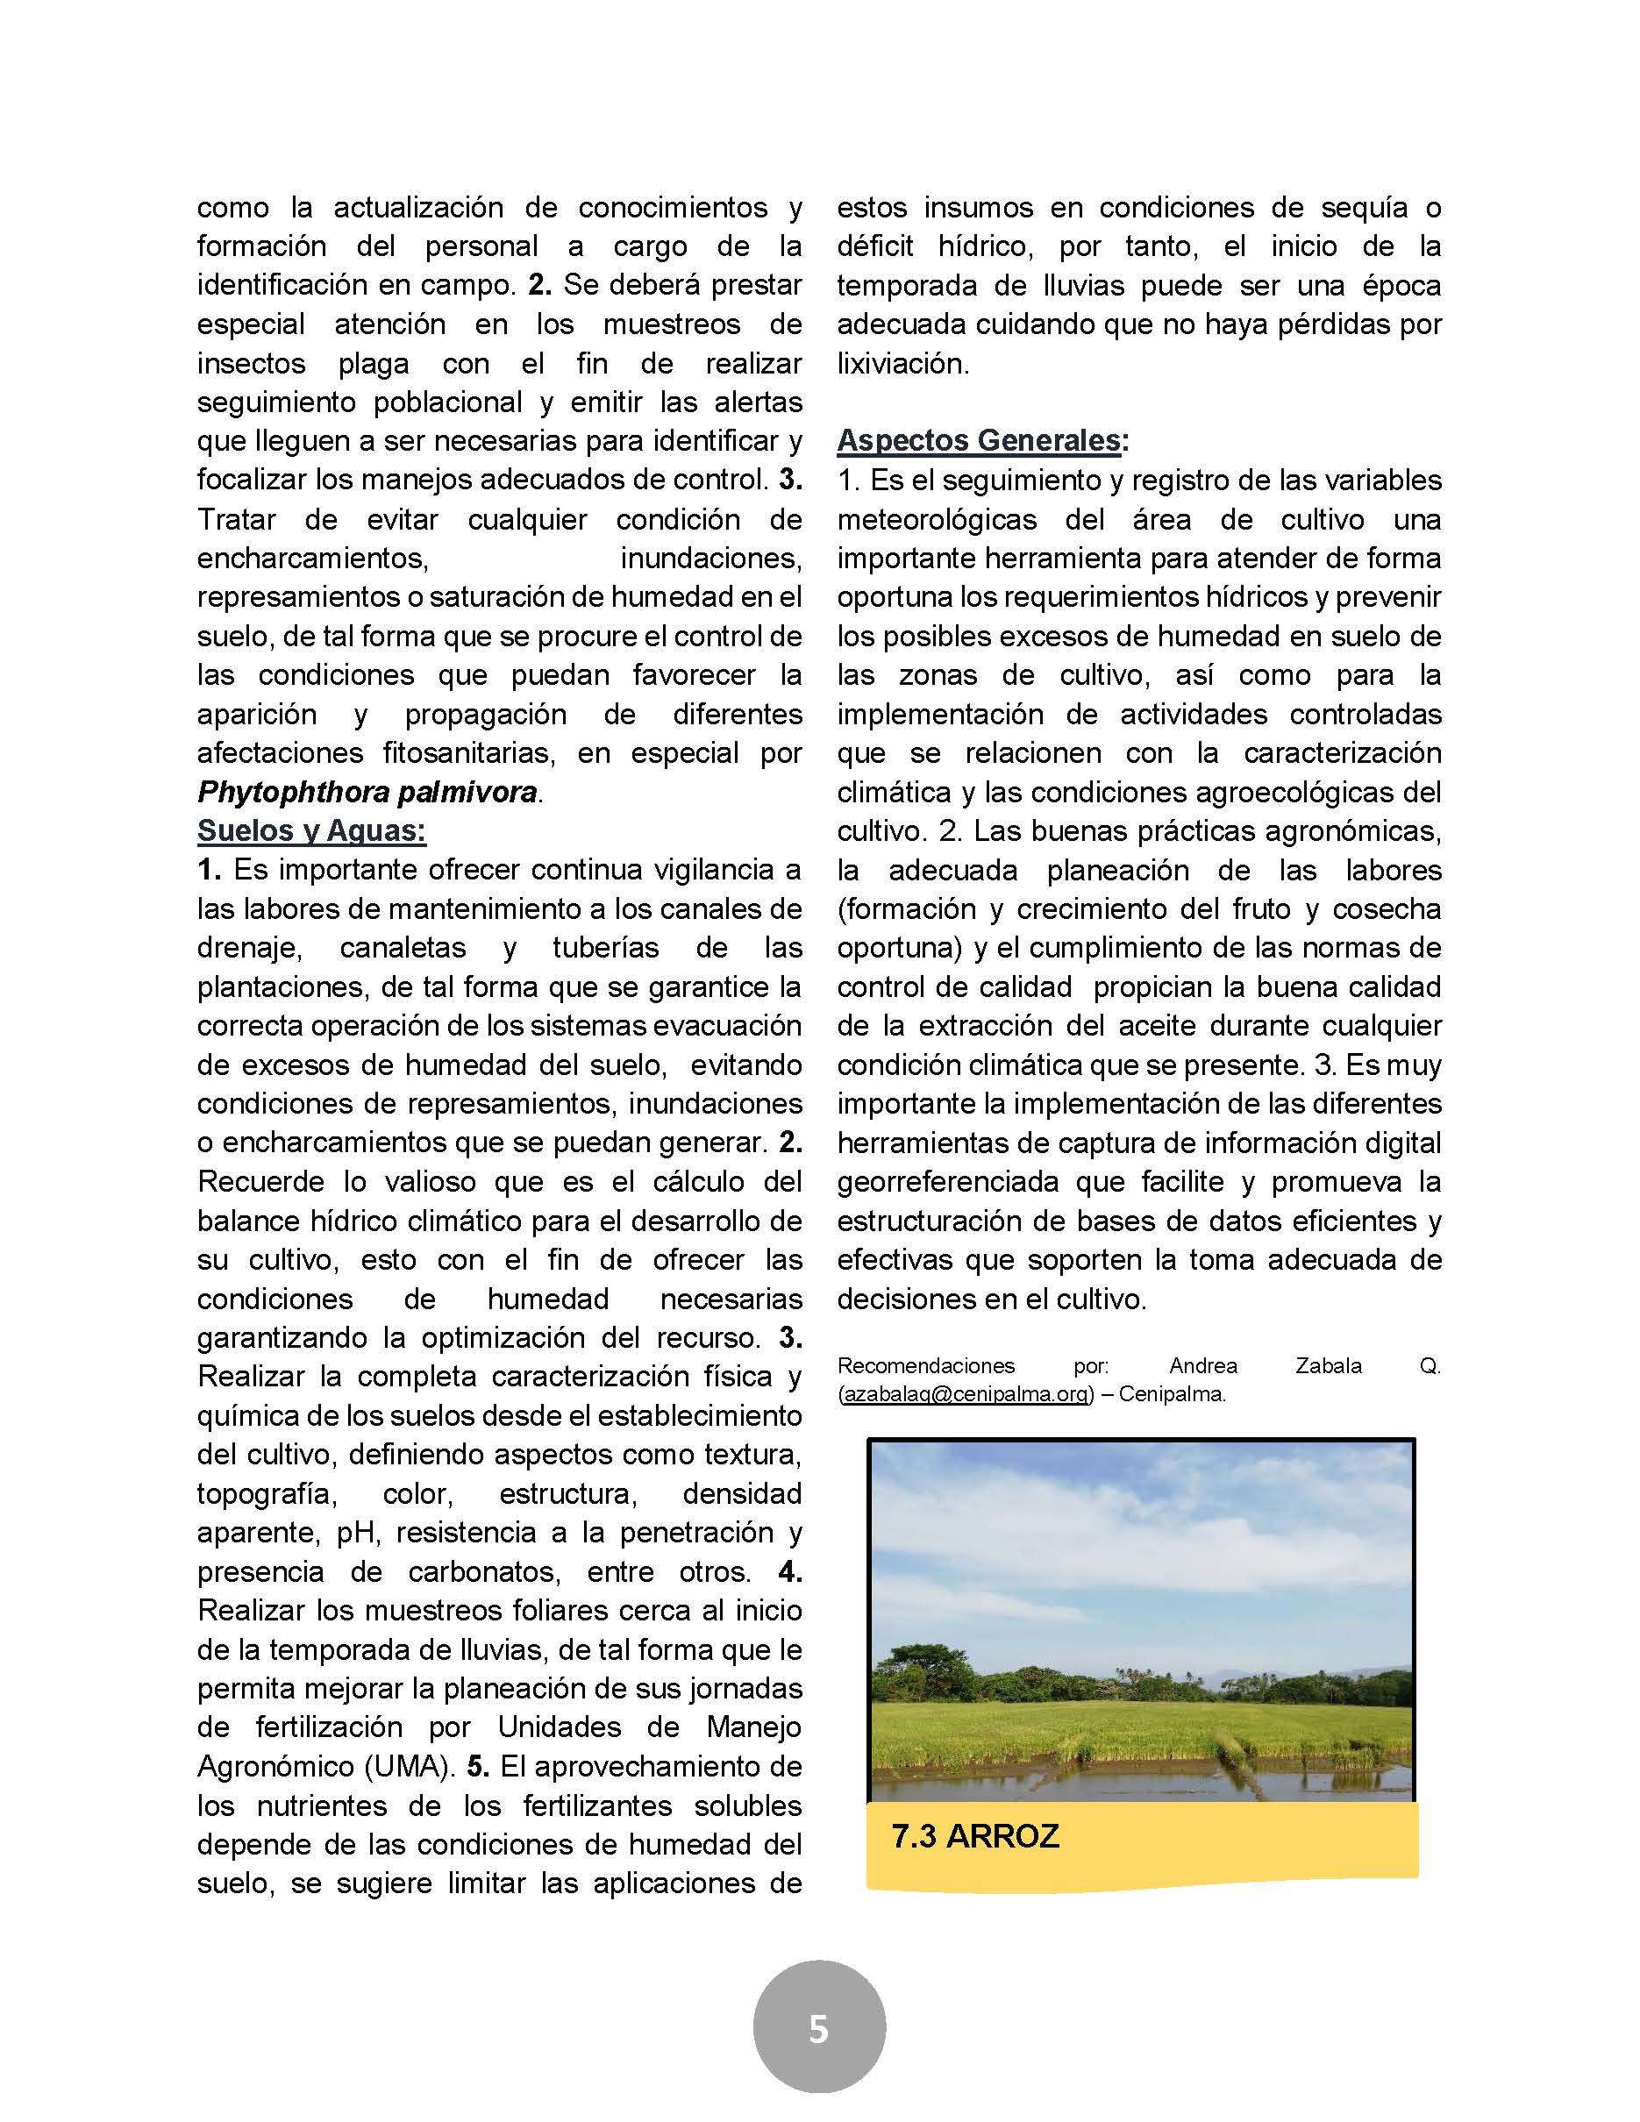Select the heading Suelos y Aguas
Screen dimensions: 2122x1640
click(x=311, y=830)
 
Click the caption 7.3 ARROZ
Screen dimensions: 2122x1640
click(x=974, y=1836)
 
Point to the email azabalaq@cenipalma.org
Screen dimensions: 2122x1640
click(x=965, y=1394)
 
